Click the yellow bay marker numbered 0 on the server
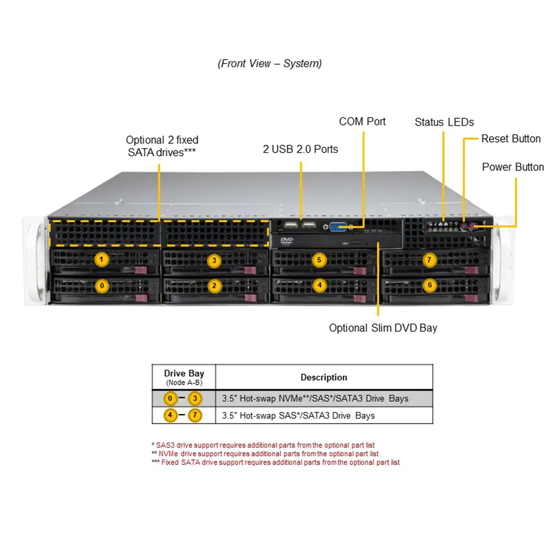102,286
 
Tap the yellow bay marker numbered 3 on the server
214,260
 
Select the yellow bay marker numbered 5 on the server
319,260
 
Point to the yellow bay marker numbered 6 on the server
430,285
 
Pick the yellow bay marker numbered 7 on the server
429,260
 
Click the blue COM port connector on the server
338,227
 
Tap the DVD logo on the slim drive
286,241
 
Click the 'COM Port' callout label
362,121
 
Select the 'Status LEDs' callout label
444,122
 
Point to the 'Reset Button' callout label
511,138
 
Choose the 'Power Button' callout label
513,167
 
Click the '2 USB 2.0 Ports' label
300,149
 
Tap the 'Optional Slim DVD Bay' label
383,328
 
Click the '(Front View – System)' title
270,63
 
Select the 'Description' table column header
324,377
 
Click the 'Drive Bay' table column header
184,373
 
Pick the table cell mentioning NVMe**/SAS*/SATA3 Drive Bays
315,398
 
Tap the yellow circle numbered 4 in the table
170,415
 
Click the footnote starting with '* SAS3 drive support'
263,445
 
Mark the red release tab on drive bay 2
250,297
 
